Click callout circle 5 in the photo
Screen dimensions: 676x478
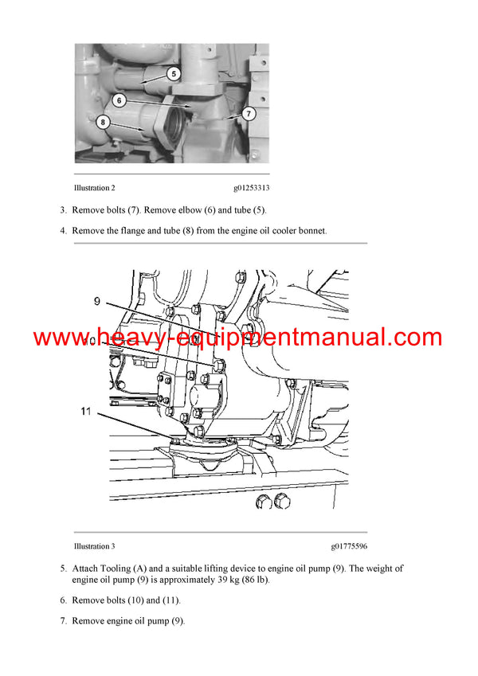tap(173, 74)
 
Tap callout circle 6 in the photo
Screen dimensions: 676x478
tap(119, 100)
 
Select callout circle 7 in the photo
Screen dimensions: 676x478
tap(249, 114)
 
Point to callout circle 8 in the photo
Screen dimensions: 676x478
tap(103, 122)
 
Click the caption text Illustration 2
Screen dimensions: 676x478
tap(94, 189)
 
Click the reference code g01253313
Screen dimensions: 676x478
tap(251, 189)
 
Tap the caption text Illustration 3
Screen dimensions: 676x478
tap(94, 546)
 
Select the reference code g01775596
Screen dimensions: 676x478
tap(349, 546)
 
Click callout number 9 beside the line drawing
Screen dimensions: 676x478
tap(97, 302)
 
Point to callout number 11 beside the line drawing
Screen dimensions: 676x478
tap(86, 412)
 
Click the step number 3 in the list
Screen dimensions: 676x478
tap(63, 210)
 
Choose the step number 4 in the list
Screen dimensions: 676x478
tap(63, 231)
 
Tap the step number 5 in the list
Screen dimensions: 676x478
tap(63, 569)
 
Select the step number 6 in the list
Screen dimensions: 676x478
tap(63, 600)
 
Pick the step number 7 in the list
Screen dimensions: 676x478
tap(63, 620)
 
